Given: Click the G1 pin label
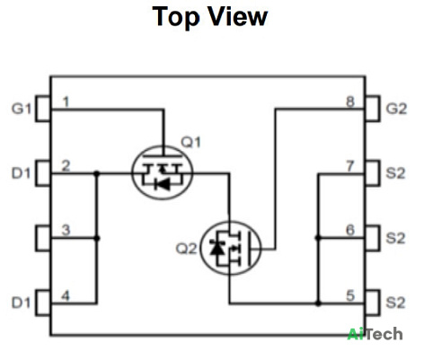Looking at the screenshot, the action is coord(22,109).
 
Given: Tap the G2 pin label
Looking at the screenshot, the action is coord(396,109).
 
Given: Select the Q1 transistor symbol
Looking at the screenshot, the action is coord(163,172).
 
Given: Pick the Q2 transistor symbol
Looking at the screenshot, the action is coord(230,248).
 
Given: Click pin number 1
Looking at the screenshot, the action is coord(66,102).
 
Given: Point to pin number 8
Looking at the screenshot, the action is coord(350,102).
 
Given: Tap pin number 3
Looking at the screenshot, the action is coord(66,230).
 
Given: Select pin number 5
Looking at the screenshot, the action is coord(350,296).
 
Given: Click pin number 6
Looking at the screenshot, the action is coord(350,230).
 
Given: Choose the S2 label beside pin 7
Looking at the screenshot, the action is coord(395,173).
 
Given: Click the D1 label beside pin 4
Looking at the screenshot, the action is coord(21,303).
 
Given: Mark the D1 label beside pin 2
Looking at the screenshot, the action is coord(21,173).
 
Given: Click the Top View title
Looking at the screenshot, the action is coord(209,17).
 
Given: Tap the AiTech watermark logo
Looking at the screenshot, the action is coord(375,334).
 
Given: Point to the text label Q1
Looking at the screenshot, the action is coord(191,142).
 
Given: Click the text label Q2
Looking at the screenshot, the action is coord(186,249).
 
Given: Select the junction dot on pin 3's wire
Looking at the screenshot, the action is coord(97,238).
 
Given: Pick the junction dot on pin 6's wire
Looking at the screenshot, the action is coord(318,238).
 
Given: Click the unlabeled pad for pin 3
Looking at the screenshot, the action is coord(43,238).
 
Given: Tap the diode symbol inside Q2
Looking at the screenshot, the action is coord(216,247).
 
